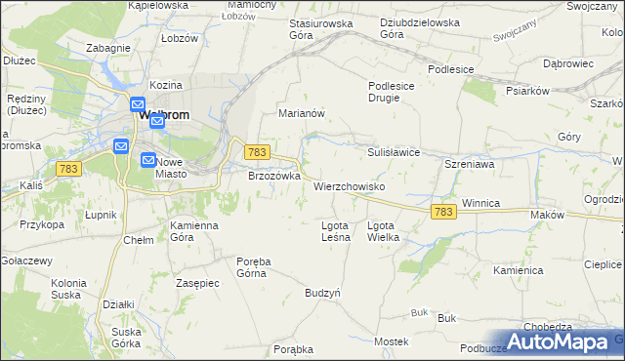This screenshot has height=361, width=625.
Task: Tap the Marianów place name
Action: pyautogui.click(x=302, y=112)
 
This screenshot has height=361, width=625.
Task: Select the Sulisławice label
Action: pyautogui.click(x=393, y=152)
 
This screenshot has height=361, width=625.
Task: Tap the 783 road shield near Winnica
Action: pyautogui.click(x=443, y=212)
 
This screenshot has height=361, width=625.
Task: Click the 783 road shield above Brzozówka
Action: pyautogui.click(x=256, y=152)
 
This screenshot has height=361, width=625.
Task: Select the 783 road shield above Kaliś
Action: pyautogui.click(x=68, y=169)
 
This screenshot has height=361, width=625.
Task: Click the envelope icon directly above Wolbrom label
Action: pyautogui.click(x=137, y=103)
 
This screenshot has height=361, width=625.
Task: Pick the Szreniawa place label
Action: pyautogui.click(x=468, y=166)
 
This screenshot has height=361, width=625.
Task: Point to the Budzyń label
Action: pyautogui.click(x=322, y=292)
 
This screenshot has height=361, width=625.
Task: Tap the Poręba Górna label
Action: pyautogui.click(x=252, y=266)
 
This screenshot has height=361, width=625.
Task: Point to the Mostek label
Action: pyautogui.click(x=391, y=341)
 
